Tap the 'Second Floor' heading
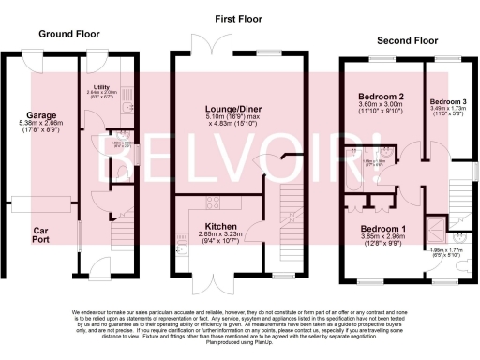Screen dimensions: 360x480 (x=406, y=41)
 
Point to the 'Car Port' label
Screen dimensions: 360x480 (x=42, y=234)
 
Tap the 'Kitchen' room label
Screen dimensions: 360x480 (x=223, y=227)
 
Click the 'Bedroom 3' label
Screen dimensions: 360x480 (x=445, y=101)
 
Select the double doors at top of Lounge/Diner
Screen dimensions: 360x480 (x=209, y=46)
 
